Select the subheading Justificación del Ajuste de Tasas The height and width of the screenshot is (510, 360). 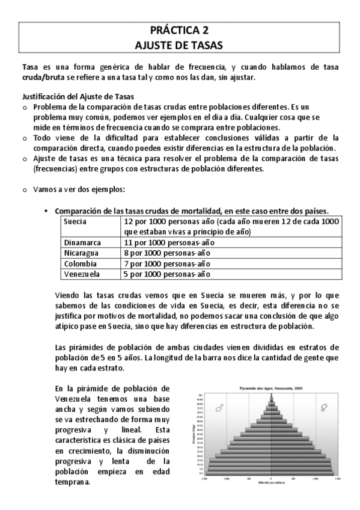pos(78,97)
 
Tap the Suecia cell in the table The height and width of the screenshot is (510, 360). pos(76,221)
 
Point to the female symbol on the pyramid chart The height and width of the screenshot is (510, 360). pos(325,408)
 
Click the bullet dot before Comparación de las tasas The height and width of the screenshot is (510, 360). pos(46,211)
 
